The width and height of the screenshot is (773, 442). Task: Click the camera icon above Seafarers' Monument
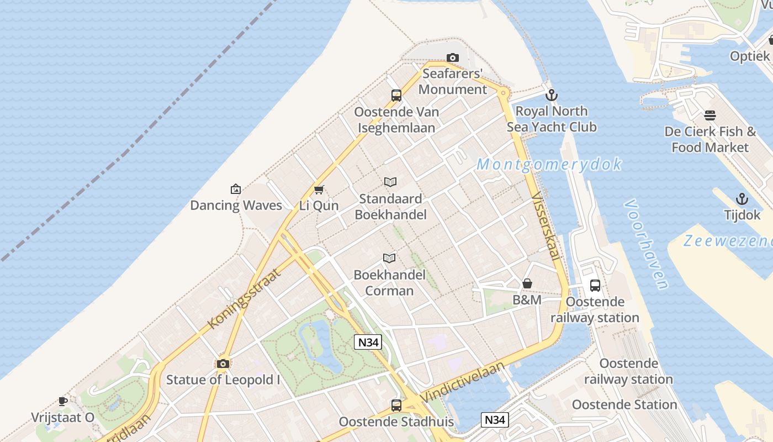(452, 57)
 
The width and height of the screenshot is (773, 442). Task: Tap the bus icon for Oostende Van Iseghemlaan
(396, 96)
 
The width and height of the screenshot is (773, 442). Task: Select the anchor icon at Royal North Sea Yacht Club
(551, 94)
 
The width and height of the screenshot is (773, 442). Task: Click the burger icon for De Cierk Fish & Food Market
(710, 115)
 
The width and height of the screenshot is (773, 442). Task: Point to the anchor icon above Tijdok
(742, 199)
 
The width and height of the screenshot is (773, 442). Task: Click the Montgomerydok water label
(549, 165)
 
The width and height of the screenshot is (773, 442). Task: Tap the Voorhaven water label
(645, 244)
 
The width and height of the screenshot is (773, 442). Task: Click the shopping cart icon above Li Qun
(319, 190)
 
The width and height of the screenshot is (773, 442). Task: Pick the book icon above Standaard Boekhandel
(390, 182)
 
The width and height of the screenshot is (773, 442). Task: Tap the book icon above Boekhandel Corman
(389, 258)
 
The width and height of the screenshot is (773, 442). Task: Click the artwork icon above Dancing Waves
(236, 189)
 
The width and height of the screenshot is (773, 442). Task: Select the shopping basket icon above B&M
(527, 283)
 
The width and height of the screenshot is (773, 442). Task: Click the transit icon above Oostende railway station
(595, 285)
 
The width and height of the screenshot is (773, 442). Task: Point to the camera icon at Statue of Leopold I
(223, 364)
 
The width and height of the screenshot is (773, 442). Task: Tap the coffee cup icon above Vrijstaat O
(63, 401)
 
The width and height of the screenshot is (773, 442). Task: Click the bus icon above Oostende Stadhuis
(396, 405)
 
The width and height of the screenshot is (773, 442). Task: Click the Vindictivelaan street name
(463, 382)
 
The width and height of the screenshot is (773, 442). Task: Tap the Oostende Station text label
(624, 404)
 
